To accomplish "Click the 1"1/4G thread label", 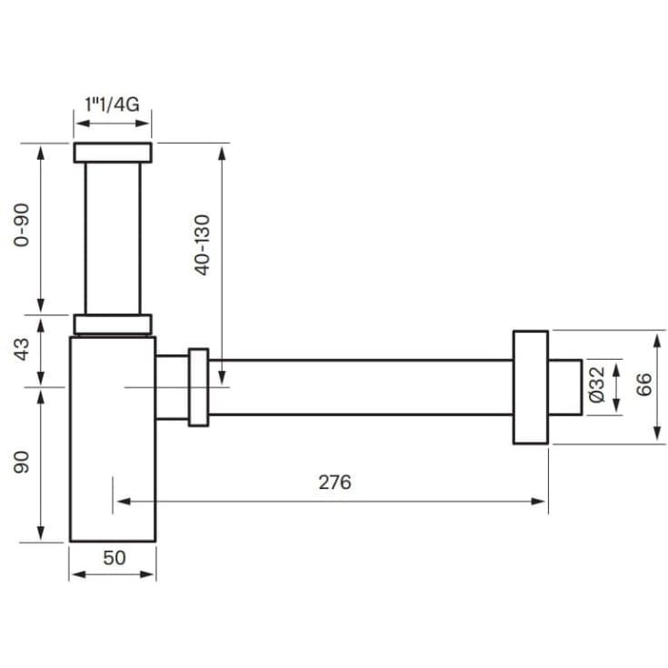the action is (112, 105).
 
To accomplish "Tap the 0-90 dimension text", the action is (22, 225).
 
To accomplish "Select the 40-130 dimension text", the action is (203, 245).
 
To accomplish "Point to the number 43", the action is (22, 350).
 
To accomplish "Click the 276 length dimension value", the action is (334, 483).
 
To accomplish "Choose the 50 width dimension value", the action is (115, 558).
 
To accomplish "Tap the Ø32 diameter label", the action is (597, 384).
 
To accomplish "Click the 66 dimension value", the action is (644, 384).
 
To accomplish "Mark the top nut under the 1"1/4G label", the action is (113, 153).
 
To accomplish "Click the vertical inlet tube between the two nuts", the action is (113, 238).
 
